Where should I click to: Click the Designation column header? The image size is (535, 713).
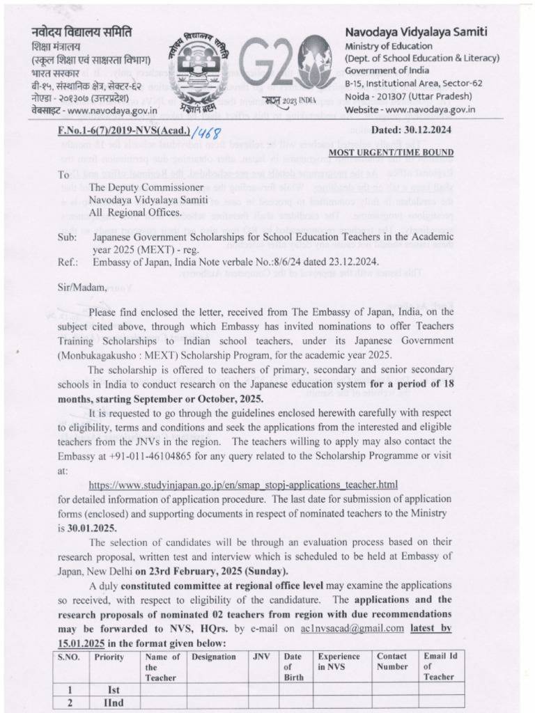[213, 657]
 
